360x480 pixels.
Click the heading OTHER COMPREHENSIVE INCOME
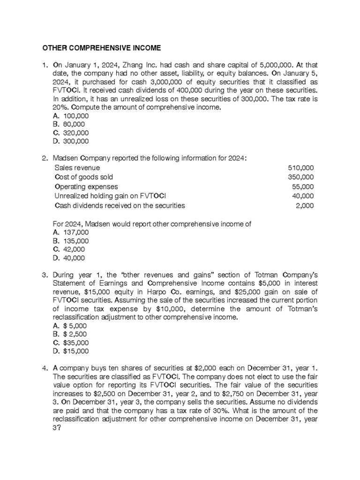click(102, 48)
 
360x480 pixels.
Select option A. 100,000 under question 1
click(71, 116)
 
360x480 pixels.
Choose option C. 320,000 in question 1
click(71, 133)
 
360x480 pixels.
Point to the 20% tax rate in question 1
click(60, 107)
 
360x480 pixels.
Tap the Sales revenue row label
click(77, 167)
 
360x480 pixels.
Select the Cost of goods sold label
click(84, 177)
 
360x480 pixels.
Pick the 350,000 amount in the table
click(301, 177)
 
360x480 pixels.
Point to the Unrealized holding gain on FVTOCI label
click(111, 196)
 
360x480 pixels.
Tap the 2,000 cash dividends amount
click(305, 205)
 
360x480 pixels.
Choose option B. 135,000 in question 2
click(71, 241)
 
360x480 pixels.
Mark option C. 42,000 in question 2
click(69, 249)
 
